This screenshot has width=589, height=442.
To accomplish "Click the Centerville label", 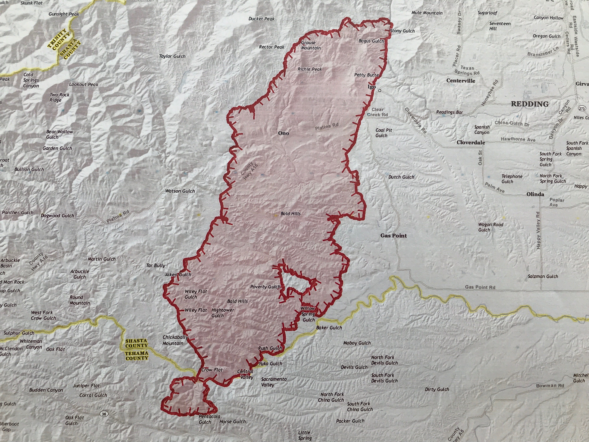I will (461, 81).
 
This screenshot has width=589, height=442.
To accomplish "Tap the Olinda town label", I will (535, 194).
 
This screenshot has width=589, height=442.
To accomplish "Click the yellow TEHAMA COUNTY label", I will (137, 355).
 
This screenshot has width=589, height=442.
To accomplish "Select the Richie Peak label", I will (310, 69).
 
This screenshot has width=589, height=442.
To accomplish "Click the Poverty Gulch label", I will (265, 287).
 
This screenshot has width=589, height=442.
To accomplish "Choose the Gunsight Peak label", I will (64, 14).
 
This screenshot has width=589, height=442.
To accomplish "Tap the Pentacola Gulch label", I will (209, 419).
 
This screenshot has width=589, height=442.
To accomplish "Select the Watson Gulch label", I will (180, 191).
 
